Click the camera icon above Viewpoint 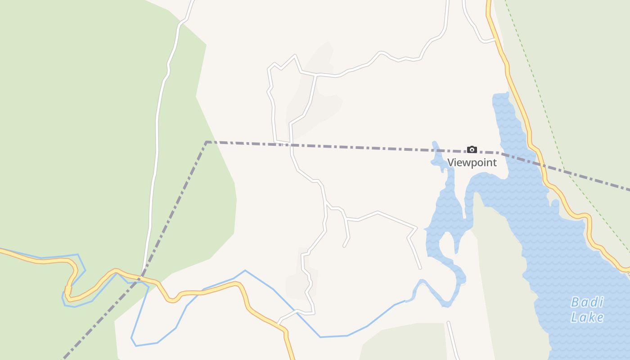(x=472, y=149)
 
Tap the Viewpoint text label (x=472, y=162)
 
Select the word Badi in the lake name (x=587, y=302)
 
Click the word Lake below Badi (x=587, y=317)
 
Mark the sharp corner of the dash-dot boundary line (x=207, y=142)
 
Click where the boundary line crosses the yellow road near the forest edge (x=142, y=274)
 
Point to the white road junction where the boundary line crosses (x=291, y=144)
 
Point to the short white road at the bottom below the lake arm (x=453, y=340)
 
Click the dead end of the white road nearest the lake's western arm (x=420, y=268)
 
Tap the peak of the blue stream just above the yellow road (x=245, y=271)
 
